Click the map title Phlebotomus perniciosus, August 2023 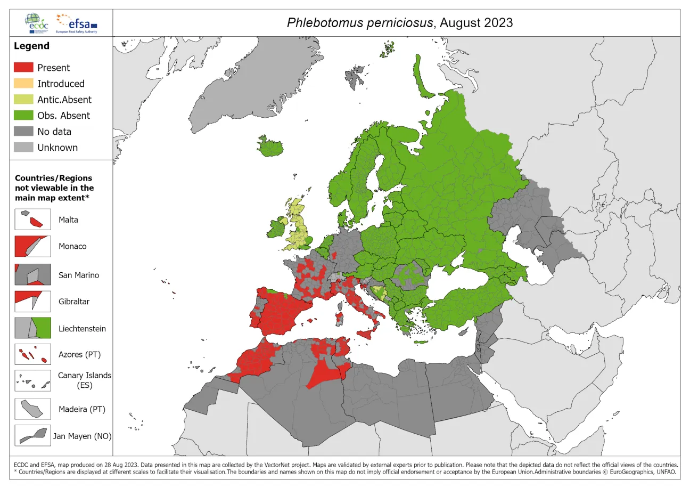pyautogui.click(x=399, y=22)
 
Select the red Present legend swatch pyautogui.click(x=23, y=68)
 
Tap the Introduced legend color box pyautogui.click(x=23, y=84)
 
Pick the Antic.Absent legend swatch pyautogui.click(x=23, y=100)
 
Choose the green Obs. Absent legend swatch pyautogui.click(x=23, y=116)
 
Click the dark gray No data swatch pyautogui.click(x=23, y=132)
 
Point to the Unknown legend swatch pyautogui.click(x=23, y=148)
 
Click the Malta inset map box pyautogui.click(x=32, y=219)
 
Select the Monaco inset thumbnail pyautogui.click(x=32, y=246)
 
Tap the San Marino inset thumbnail pyautogui.click(x=32, y=275)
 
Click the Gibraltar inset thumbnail pyautogui.click(x=32, y=301)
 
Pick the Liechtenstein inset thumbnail pyautogui.click(x=32, y=328)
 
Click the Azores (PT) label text pyautogui.click(x=79, y=354)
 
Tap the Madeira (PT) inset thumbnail pyautogui.click(x=32, y=409)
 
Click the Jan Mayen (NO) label pyautogui.click(x=82, y=436)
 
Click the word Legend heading pyautogui.click(x=31, y=46)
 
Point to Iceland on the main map pyautogui.click(x=269, y=145)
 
